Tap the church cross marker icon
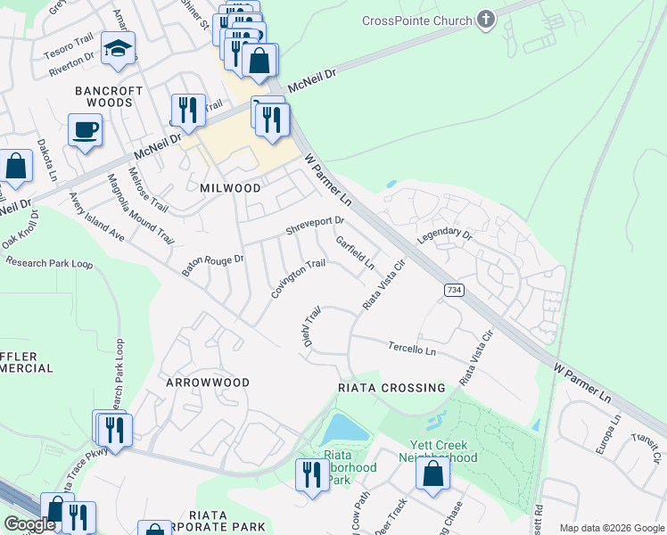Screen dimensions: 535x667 (x=485, y=20)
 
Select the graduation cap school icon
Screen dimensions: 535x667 (x=117, y=49)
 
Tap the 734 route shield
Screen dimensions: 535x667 (x=454, y=290)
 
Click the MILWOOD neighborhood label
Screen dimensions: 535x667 (x=230, y=188)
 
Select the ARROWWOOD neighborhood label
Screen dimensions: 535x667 (x=207, y=382)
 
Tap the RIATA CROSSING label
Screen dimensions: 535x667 (x=391, y=388)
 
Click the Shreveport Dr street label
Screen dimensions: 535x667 (x=314, y=226)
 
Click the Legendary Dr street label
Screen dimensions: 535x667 (x=443, y=235)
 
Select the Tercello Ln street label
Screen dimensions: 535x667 (x=412, y=349)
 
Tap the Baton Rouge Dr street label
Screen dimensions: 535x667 (x=212, y=264)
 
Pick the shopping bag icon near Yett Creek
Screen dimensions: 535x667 (x=432, y=475)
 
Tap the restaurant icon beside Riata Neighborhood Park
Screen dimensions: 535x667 (x=311, y=473)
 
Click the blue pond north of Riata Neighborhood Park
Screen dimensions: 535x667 (x=344, y=430)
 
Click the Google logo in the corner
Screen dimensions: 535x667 (x=30, y=524)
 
